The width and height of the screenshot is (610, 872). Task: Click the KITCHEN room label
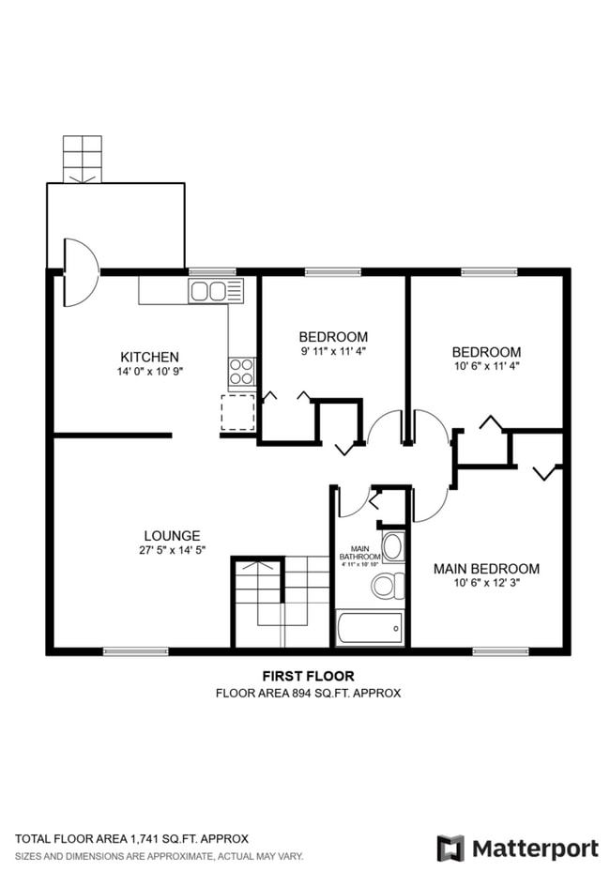(149, 357)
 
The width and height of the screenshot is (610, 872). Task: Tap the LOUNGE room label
(171, 536)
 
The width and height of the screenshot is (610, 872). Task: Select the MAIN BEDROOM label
(486, 569)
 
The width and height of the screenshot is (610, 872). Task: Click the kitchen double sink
(208, 291)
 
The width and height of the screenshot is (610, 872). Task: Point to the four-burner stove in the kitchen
(242, 372)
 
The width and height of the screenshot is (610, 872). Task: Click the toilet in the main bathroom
(386, 587)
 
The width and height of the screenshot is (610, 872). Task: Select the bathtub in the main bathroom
(370, 627)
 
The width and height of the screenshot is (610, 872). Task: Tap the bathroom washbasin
(393, 547)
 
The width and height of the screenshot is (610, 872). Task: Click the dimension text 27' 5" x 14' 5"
(171, 552)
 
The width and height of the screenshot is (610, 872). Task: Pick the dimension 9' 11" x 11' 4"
(333, 352)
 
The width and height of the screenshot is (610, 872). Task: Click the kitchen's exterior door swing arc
(81, 272)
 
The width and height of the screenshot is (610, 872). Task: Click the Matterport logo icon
(450, 848)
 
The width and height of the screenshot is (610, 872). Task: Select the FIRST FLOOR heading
(308, 676)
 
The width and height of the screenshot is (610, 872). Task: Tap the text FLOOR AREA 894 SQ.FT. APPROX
(308, 693)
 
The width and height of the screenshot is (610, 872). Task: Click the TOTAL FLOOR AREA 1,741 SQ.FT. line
(131, 838)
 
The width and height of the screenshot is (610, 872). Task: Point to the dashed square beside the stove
(237, 412)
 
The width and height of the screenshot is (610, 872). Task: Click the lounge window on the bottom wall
(136, 650)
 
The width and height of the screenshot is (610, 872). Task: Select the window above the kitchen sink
(211, 271)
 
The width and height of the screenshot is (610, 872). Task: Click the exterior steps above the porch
(82, 159)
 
